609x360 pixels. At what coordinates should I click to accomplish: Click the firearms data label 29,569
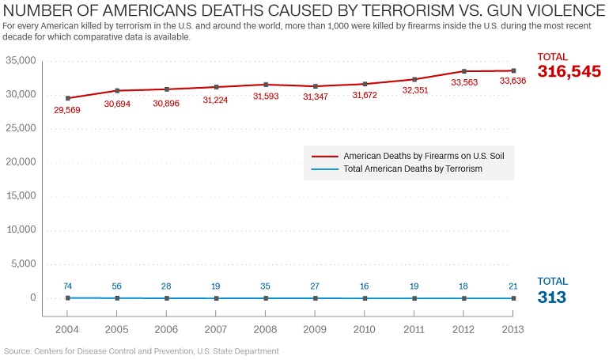click(68, 110)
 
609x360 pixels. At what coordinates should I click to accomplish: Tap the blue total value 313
click(553, 297)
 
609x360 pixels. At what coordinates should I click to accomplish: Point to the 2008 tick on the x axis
click(266, 329)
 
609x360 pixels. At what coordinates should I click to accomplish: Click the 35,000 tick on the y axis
click(21, 61)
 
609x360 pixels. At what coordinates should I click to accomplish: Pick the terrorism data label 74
click(68, 286)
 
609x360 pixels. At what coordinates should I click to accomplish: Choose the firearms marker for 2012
click(464, 71)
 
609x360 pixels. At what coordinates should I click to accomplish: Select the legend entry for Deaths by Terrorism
click(413, 169)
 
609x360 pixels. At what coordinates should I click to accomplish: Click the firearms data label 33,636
click(513, 81)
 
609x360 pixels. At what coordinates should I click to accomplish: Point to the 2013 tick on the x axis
click(513, 329)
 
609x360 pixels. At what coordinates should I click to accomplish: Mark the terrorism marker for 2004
click(68, 297)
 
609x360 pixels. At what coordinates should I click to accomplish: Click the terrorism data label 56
click(117, 286)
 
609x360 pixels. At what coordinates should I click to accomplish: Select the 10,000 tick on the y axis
click(21, 230)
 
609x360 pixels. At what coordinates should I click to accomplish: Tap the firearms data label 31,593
click(266, 96)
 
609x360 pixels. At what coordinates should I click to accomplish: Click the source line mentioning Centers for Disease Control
click(142, 351)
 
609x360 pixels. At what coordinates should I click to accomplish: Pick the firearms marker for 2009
click(316, 86)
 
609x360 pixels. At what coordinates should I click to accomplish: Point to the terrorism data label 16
click(365, 286)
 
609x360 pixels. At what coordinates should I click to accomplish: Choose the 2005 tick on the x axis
click(117, 329)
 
